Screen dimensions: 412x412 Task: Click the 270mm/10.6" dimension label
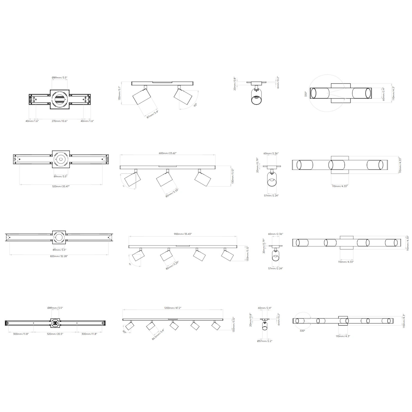tap(60, 121)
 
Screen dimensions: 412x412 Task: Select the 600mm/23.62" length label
tap(168, 153)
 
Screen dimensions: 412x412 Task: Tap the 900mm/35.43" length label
tap(183, 234)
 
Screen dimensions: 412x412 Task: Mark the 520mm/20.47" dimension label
tap(61, 186)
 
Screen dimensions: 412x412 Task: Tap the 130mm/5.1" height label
tap(119, 93)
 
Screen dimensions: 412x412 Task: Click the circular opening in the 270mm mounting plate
tap(60, 99)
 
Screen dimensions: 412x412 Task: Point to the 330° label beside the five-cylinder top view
tap(302, 331)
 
